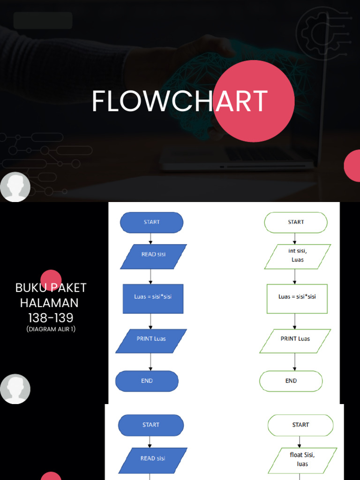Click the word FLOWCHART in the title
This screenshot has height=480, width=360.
tap(180, 101)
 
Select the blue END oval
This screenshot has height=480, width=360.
tap(147, 381)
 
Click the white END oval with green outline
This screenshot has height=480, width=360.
tap(291, 381)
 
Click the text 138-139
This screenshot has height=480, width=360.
tap(51, 318)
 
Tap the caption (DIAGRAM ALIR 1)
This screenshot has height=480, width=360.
tap(51, 329)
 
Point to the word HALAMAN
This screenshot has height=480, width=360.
tap(49, 303)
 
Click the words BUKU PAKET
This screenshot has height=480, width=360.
tap(51, 288)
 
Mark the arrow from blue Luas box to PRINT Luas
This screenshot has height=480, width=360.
tap(150, 321)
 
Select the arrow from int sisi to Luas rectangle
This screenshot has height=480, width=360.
tap(295, 277)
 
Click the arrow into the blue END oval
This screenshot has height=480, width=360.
tap(150, 362)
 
